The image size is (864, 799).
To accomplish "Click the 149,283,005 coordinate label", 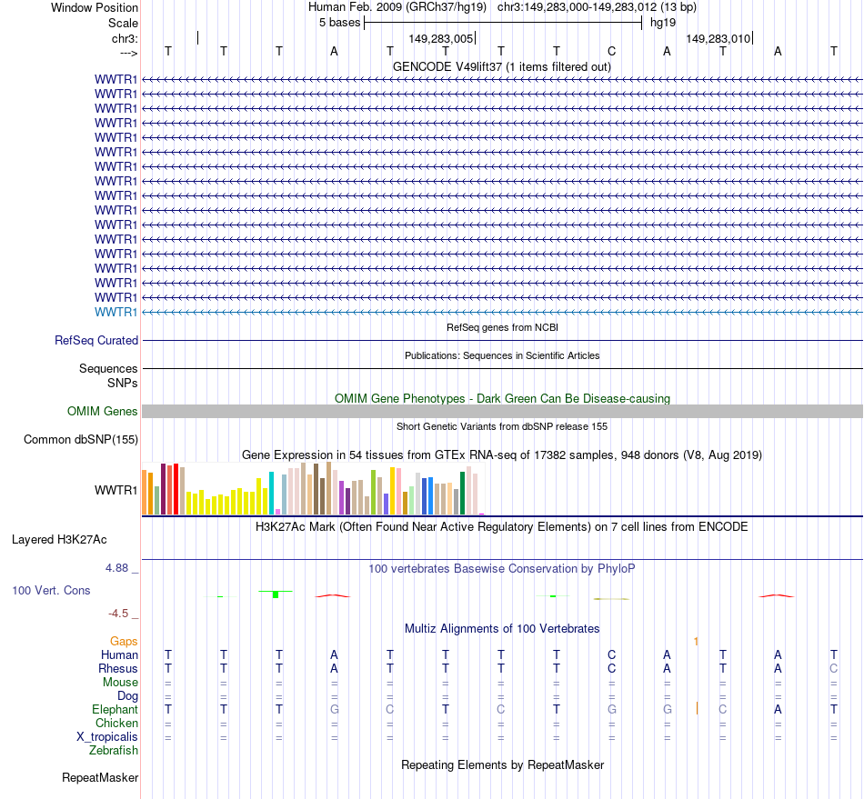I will [x=441, y=39].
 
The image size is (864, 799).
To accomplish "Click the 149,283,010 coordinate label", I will [x=718, y=39].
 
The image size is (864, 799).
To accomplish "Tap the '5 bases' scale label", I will [x=339, y=23].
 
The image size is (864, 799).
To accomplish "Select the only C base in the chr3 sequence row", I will [x=612, y=52].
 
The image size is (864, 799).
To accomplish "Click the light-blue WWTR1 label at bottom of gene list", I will [x=116, y=312].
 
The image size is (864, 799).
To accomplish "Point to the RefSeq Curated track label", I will [x=96, y=341].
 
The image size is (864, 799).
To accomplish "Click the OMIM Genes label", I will [x=103, y=412].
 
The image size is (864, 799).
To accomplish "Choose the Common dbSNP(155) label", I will [x=81, y=441].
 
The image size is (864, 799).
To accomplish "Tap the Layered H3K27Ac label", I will [x=59, y=540].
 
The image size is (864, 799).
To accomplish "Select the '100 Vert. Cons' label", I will [x=51, y=591].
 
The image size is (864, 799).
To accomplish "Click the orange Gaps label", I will [x=125, y=642].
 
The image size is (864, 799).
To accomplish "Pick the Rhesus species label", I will [x=118, y=668].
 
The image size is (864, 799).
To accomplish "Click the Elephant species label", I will [x=116, y=709].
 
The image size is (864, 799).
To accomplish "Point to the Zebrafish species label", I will [x=114, y=750].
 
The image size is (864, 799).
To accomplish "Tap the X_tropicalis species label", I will [x=107, y=736].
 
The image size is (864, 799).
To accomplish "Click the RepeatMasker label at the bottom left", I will [x=100, y=778].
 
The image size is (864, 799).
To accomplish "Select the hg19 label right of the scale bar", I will [x=662, y=23].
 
